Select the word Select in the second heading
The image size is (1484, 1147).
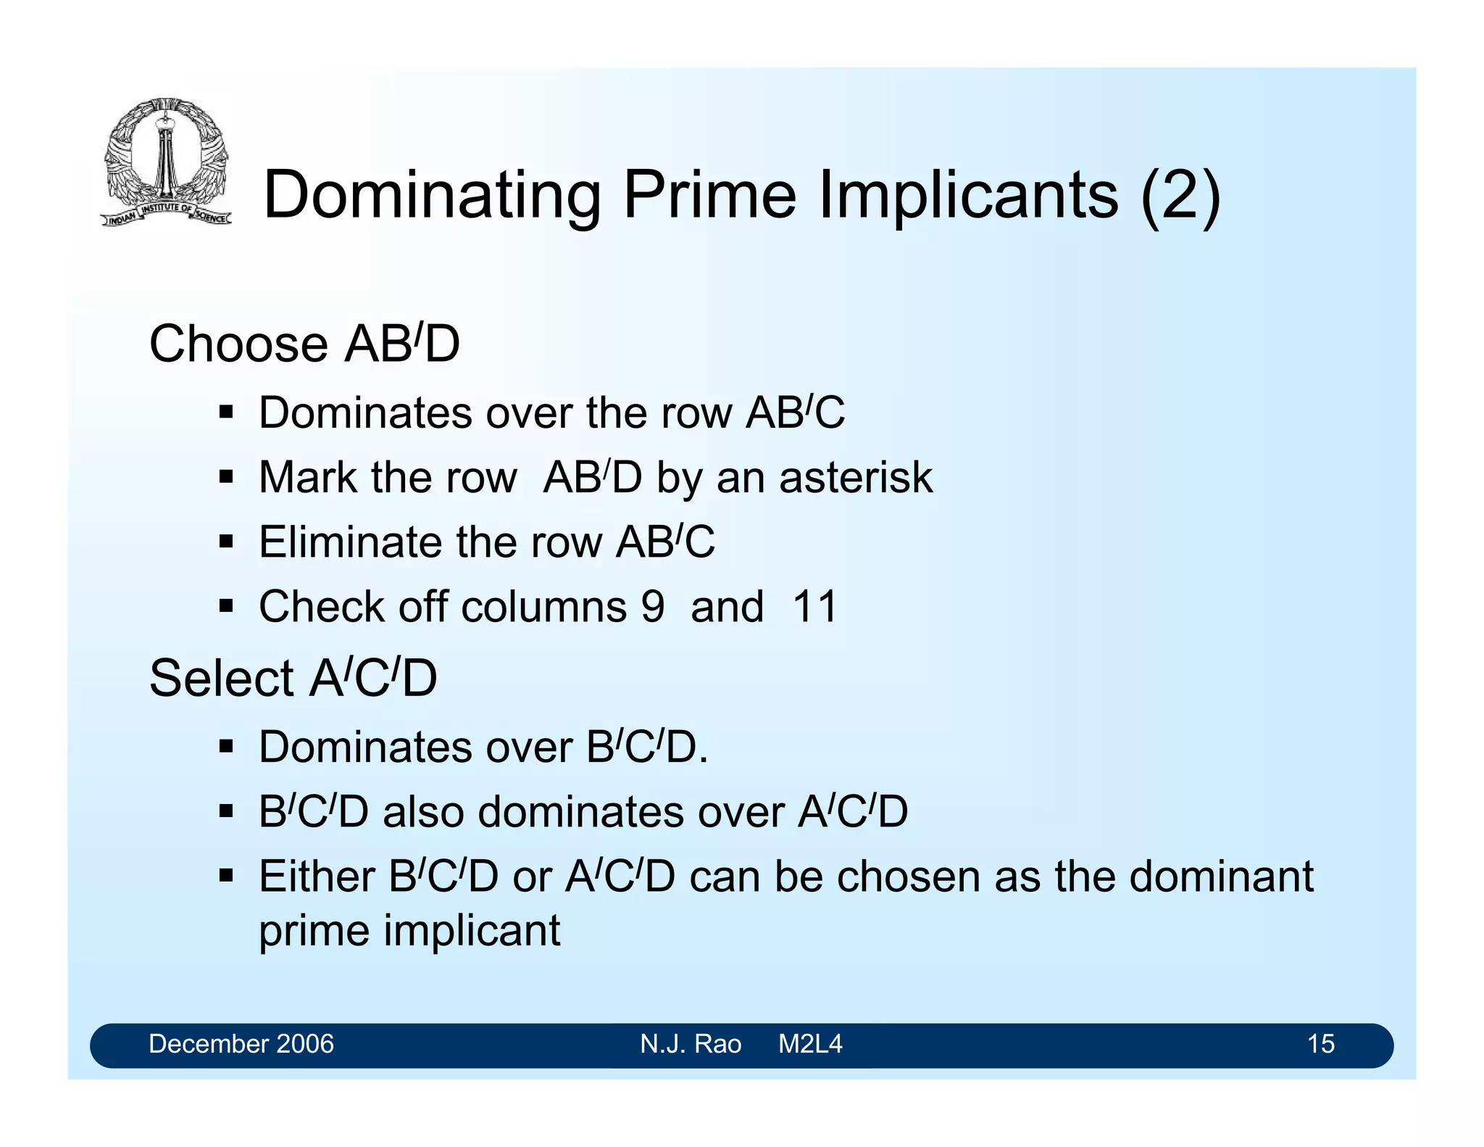click(x=221, y=678)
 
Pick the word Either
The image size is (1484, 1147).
click(x=317, y=876)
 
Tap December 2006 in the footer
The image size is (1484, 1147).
click(x=241, y=1044)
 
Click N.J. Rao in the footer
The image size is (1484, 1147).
click(x=691, y=1044)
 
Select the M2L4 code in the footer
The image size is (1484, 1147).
click(x=810, y=1044)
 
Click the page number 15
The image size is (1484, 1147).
click(x=1320, y=1044)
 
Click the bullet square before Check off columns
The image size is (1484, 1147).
click(x=226, y=606)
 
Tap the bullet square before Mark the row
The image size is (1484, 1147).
click(x=226, y=478)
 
